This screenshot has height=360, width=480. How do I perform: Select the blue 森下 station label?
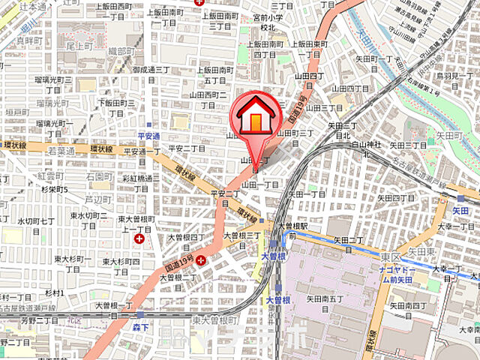(x=139, y=328)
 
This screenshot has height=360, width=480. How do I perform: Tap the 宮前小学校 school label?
(x=268, y=22)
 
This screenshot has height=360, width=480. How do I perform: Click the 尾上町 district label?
(x=78, y=45)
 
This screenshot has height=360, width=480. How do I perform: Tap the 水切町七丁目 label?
(x=36, y=226)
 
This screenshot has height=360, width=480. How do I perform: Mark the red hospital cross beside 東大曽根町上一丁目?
(x=139, y=238)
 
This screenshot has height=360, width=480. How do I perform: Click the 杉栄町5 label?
(x=54, y=190)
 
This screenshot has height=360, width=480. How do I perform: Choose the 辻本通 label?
(x=32, y=6)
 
